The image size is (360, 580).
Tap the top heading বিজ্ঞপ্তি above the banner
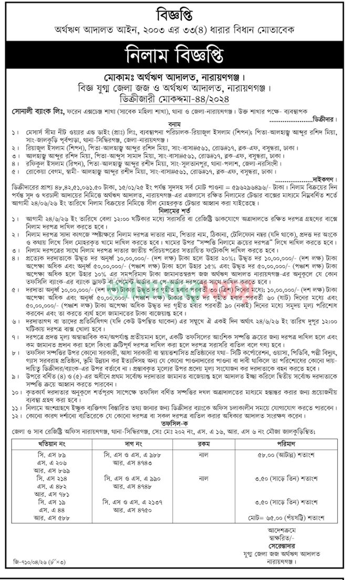click(x=180, y=12)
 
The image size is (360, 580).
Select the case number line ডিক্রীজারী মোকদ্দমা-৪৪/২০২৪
click(x=180, y=98)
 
